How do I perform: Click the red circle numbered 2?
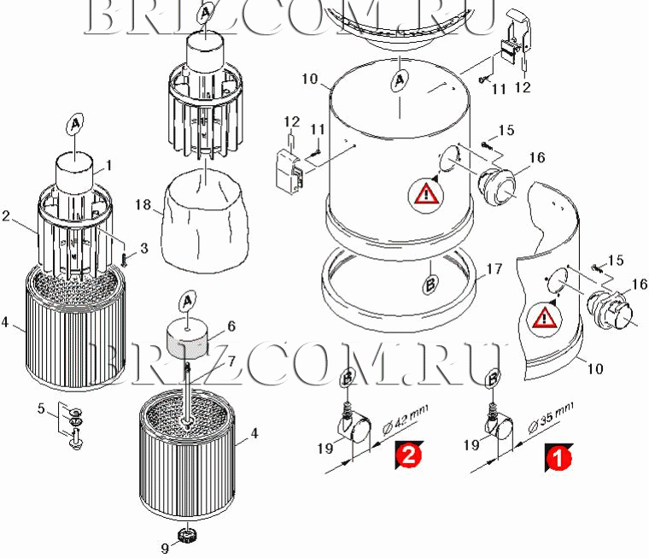[x=408, y=455]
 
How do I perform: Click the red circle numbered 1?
[x=558, y=459]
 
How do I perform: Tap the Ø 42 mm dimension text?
[x=405, y=420]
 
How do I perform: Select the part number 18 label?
[x=143, y=204]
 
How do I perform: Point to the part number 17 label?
[x=494, y=270]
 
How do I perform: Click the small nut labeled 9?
[x=187, y=535]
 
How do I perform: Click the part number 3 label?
[x=143, y=249]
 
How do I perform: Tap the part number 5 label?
[x=41, y=408]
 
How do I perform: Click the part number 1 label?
[x=108, y=166]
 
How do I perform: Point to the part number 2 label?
[x=5, y=216]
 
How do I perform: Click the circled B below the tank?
[x=430, y=284]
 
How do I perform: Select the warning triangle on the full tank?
[x=426, y=195]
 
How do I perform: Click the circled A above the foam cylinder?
[x=188, y=302]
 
